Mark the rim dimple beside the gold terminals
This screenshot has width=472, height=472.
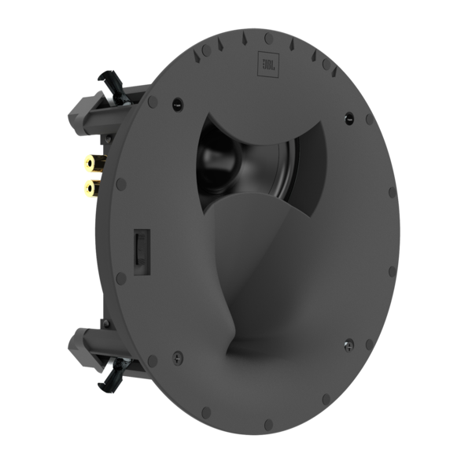pos(120,183)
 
